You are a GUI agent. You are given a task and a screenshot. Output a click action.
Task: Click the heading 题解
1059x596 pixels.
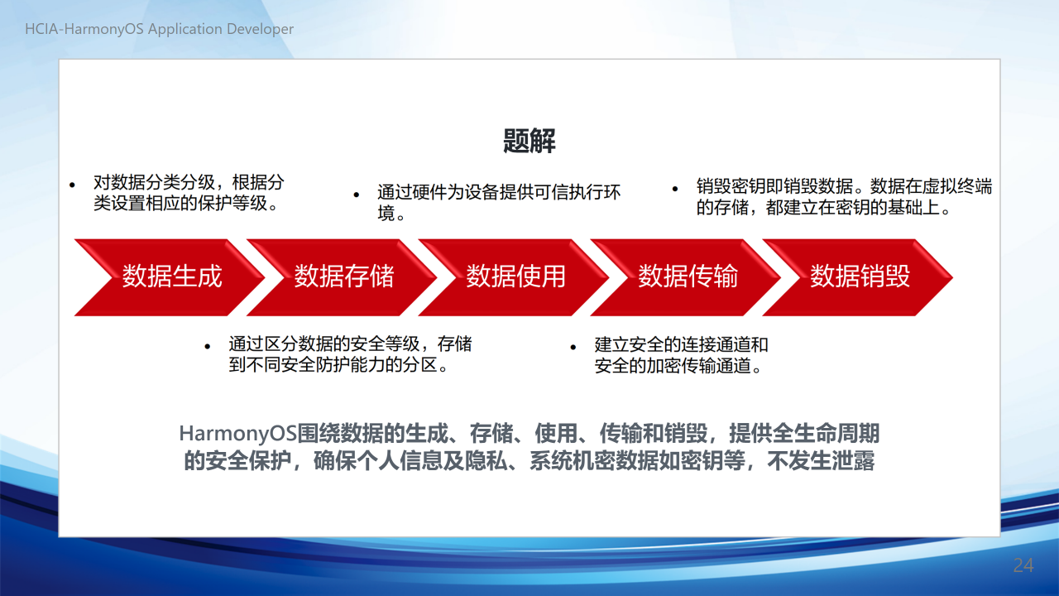(529, 141)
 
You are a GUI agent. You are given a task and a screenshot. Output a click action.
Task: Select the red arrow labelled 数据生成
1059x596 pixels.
(170, 277)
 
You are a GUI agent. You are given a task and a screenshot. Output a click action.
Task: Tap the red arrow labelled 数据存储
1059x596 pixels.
(342, 277)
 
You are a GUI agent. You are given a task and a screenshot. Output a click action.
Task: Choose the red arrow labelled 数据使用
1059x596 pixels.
(514, 277)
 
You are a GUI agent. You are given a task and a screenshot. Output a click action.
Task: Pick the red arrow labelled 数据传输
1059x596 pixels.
(686, 277)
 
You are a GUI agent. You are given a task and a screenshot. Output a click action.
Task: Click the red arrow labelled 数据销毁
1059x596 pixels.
(858, 277)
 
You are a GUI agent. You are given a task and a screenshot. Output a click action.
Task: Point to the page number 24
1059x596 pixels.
(1023, 565)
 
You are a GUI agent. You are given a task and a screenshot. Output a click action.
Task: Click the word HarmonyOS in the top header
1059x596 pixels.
(103, 29)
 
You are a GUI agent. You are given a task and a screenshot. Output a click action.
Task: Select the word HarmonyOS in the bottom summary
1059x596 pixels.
(237, 434)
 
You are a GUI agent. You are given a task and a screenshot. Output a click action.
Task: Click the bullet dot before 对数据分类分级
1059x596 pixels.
(72, 185)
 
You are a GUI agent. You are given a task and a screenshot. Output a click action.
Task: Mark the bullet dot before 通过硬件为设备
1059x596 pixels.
(357, 195)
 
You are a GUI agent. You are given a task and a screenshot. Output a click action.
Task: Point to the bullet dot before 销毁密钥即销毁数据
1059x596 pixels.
(675, 189)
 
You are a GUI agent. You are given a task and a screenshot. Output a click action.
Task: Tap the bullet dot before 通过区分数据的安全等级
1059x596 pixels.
(207, 347)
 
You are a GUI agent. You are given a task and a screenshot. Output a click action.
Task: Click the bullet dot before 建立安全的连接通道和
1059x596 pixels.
(573, 347)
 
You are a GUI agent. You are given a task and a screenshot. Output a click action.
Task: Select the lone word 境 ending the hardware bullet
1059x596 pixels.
(386, 214)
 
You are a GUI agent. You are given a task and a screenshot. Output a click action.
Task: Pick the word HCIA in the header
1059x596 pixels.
(41, 29)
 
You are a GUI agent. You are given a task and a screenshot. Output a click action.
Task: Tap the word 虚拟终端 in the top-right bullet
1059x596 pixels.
(957, 186)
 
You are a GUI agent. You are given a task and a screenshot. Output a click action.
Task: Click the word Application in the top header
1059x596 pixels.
(185, 29)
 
